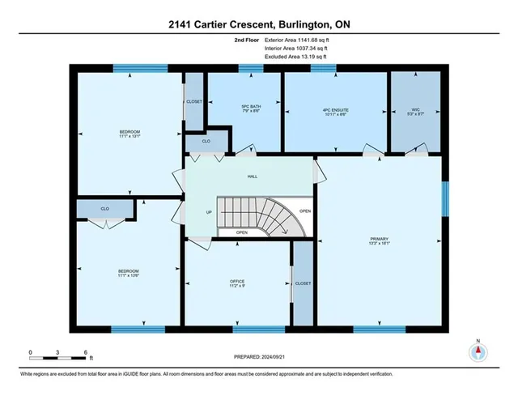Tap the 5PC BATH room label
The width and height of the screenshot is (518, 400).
point(250,109)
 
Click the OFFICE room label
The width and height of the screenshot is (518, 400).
point(236,283)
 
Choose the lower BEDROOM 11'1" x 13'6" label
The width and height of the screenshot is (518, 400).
point(129,273)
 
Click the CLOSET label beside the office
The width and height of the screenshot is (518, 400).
point(303,283)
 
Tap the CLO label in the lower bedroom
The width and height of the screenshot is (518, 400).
point(105,208)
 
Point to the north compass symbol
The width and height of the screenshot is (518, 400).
point(478,352)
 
